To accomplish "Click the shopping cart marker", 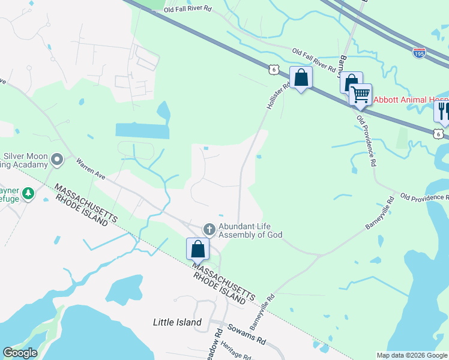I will click(360, 94).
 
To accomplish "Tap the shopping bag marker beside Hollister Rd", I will click(301, 78).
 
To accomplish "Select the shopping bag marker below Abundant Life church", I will click(197, 248).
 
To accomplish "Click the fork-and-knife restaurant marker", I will click(442, 110).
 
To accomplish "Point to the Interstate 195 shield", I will click(420, 53).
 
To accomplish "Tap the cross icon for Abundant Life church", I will click(209, 229).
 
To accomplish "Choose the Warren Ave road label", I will click(91, 170).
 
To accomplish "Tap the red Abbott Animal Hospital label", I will click(411, 100).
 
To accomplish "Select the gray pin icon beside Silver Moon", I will click(57, 160).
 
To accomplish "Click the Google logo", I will click(20, 353).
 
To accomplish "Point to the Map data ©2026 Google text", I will click(411, 355).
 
